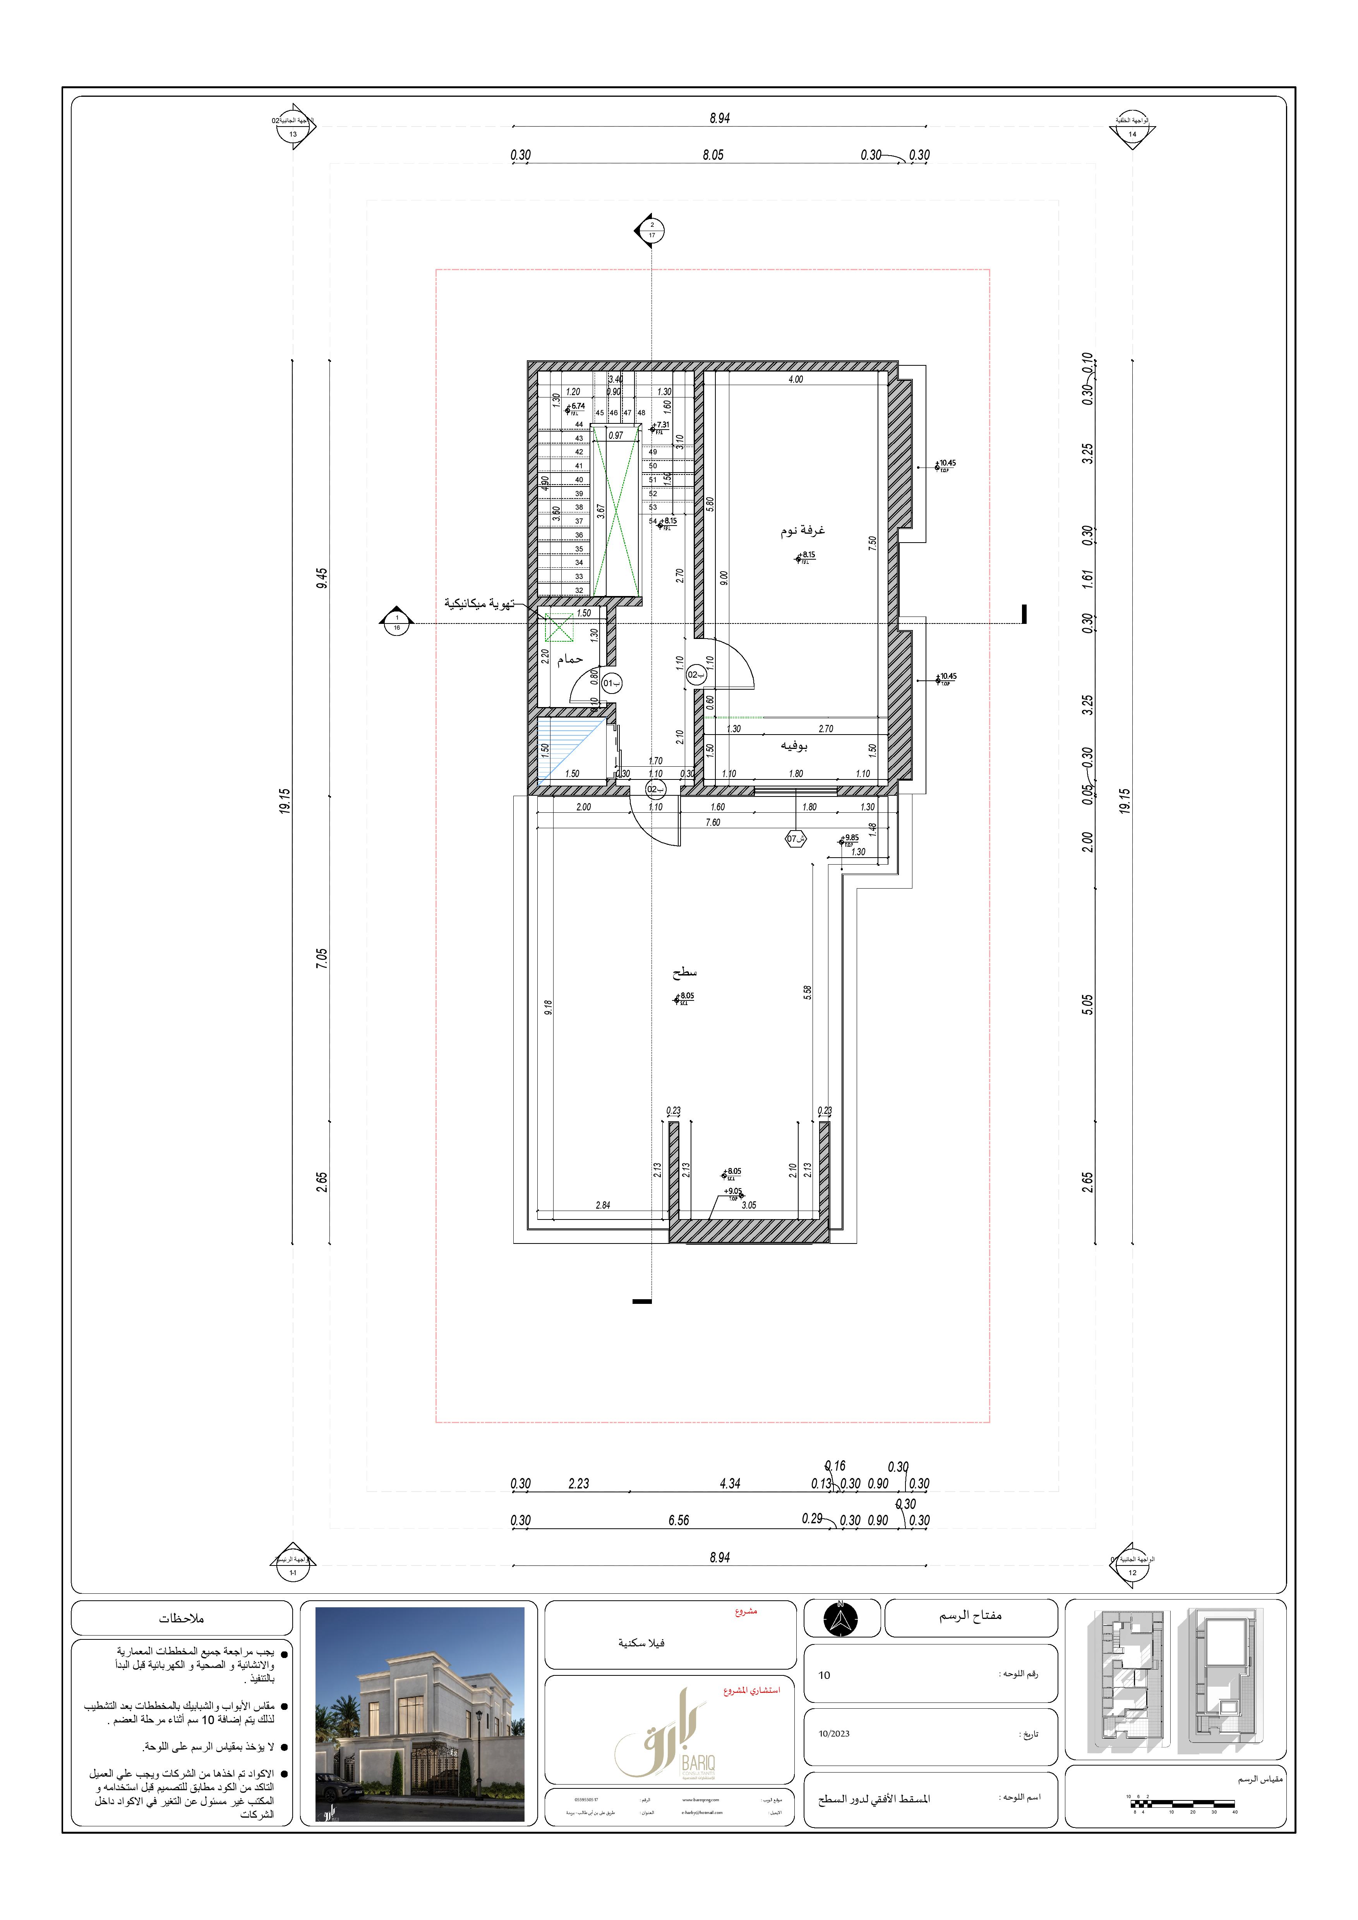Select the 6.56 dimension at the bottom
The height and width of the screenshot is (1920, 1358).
[x=678, y=1520]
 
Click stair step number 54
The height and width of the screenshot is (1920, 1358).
[x=653, y=521]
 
